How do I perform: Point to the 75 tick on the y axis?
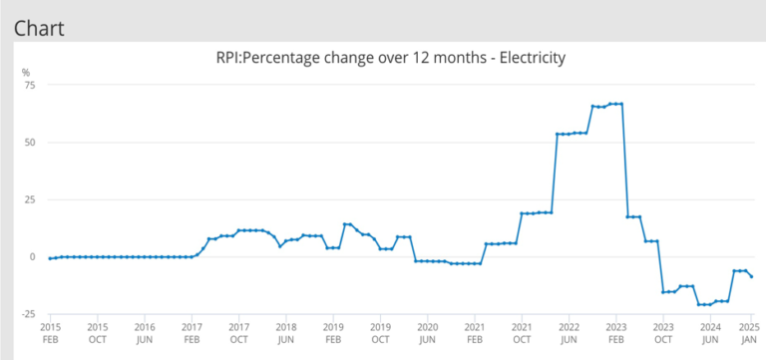29,85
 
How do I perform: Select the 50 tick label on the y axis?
29,142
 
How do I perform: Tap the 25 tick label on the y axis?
29,199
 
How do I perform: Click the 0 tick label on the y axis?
32,256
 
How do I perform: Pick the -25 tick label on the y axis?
27,314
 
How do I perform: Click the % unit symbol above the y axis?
27,71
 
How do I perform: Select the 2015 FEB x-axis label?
51,332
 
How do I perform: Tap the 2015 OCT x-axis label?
98,332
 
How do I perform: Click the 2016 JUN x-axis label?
145,332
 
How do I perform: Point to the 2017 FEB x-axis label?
191,332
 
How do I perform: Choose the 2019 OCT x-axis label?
380,332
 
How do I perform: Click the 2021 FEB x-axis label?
474,332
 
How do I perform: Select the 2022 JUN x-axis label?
569,332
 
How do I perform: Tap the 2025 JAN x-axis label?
751,332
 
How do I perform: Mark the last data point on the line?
751,276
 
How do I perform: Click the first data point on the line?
51,258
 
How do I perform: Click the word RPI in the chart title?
229,58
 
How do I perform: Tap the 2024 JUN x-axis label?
710,332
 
